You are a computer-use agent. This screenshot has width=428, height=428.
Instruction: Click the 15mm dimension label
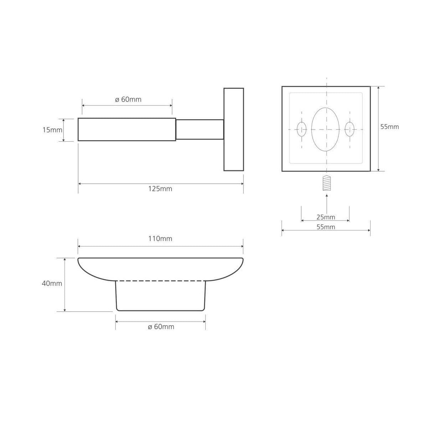pyautogui.click(x=52, y=130)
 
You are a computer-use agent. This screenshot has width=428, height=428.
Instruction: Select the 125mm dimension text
pyautogui.click(x=160, y=189)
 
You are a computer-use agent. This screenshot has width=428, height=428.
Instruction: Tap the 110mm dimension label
pyautogui.click(x=160, y=239)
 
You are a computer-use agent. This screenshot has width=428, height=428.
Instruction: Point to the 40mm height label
pyautogui.click(x=52, y=284)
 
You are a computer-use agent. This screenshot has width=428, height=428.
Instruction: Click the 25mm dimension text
pyautogui.click(x=326, y=217)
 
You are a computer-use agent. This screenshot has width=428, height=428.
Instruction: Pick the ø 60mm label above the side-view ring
pyautogui.click(x=128, y=100)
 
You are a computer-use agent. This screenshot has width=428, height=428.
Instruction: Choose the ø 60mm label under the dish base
pyautogui.click(x=161, y=327)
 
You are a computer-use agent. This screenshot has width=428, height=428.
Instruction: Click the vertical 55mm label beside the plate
pyautogui.click(x=389, y=127)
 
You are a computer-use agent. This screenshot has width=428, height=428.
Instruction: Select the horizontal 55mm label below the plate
pyautogui.click(x=326, y=227)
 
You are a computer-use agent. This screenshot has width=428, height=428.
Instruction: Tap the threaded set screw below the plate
pyautogui.click(x=327, y=183)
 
